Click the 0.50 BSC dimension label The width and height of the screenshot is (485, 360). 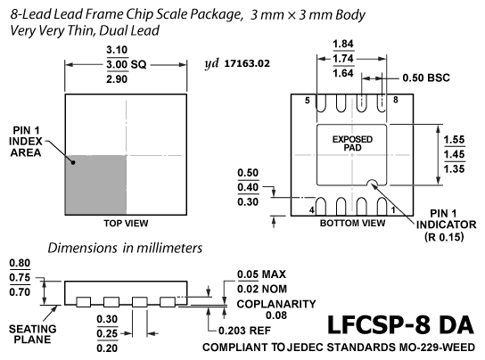click(426, 78)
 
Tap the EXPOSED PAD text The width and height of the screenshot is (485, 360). click(352, 143)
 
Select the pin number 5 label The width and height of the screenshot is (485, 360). click(308, 101)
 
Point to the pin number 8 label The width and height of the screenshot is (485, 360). click(396, 100)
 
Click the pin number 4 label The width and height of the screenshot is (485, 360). click(312, 210)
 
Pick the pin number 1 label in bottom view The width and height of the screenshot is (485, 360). click(393, 210)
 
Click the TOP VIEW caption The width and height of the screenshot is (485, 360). click(126, 223)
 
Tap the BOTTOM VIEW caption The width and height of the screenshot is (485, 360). click(353, 223)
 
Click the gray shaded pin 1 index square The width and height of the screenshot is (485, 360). click(95, 184)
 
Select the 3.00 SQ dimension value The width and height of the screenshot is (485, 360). click(127, 65)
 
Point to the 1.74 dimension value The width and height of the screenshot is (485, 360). click(343, 59)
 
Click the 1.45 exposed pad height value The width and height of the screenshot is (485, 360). click(454, 154)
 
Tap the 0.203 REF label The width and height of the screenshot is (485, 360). click(244, 331)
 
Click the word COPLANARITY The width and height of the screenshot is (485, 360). click(276, 304)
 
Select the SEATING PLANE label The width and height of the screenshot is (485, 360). click(32, 334)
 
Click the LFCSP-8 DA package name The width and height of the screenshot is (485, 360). click(400, 324)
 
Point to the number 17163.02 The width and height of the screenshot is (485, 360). click(247, 63)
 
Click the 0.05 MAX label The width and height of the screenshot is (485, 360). click(261, 274)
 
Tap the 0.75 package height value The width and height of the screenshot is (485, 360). click(20, 277)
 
